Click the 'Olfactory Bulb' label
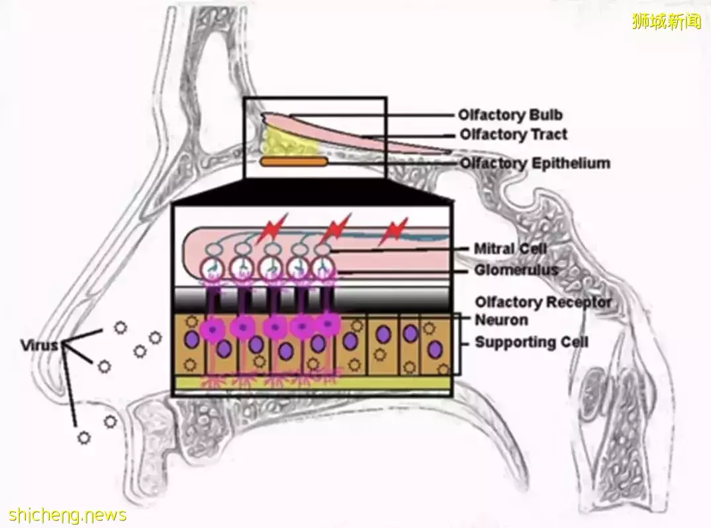coord(510,115)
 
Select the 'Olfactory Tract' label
coord(514,134)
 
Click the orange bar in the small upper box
coord(294,161)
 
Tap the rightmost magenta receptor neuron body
coord(328,323)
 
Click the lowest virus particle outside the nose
coord(84,436)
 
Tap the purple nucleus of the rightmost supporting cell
coord(435,348)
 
